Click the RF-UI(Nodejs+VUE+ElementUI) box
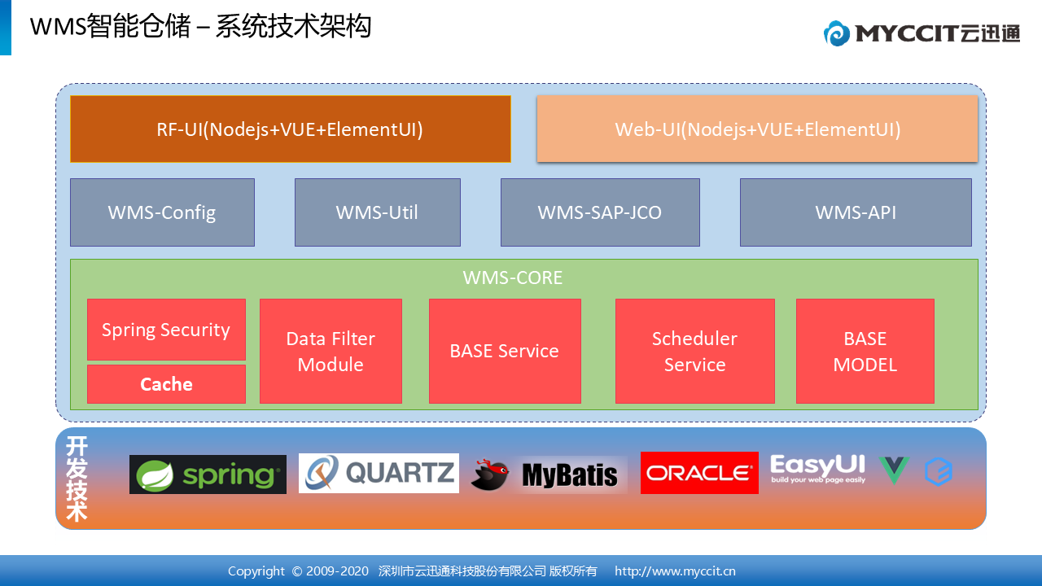[x=291, y=129]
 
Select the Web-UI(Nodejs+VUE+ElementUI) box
[x=757, y=129]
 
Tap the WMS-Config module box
[x=162, y=212]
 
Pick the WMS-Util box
[x=377, y=212]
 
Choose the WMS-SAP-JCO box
[x=600, y=212]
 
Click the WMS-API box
[x=856, y=212]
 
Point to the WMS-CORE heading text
[x=513, y=278]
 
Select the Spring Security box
[x=166, y=330]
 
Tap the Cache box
[x=166, y=383]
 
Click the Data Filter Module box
[x=331, y=351]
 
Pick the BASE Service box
[x=505, y=351]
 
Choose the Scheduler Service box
[x=695, y=351]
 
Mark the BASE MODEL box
[x=865, y=351]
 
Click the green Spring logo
[x=208, y=474]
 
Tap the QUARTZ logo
[x=379, y=473]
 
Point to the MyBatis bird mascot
[x=490, y=474]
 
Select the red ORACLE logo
[x=699, y=473]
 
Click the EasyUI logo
[x=818, y=469]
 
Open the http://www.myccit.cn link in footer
[x=675, y=571]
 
